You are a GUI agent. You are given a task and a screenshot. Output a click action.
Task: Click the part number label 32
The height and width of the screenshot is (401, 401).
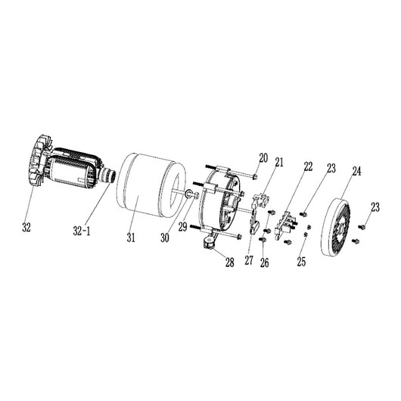click(x=26, y=227)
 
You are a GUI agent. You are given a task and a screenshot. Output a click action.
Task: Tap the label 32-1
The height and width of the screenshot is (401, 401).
click(x=82, y=232)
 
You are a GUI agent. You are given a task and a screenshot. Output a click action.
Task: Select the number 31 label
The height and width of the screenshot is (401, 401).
click(x=131, y=238)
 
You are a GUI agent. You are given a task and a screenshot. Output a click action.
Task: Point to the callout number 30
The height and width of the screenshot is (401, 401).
click(x=165, y=238)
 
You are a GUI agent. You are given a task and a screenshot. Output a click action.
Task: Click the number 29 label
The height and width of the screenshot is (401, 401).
click(x=183, y=227)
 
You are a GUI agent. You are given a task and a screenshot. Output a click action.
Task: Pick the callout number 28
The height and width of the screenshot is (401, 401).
click(x=230, y=262)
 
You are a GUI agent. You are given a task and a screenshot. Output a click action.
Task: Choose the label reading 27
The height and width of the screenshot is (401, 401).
click(x=249, y=260)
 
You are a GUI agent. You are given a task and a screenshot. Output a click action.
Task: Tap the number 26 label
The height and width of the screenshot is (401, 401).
click(x=265, y=263)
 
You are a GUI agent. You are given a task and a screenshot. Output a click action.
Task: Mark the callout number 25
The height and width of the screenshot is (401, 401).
click(x=301, y=261)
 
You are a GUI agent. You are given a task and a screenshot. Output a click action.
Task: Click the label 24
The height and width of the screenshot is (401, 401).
click(x=357, y=171)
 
